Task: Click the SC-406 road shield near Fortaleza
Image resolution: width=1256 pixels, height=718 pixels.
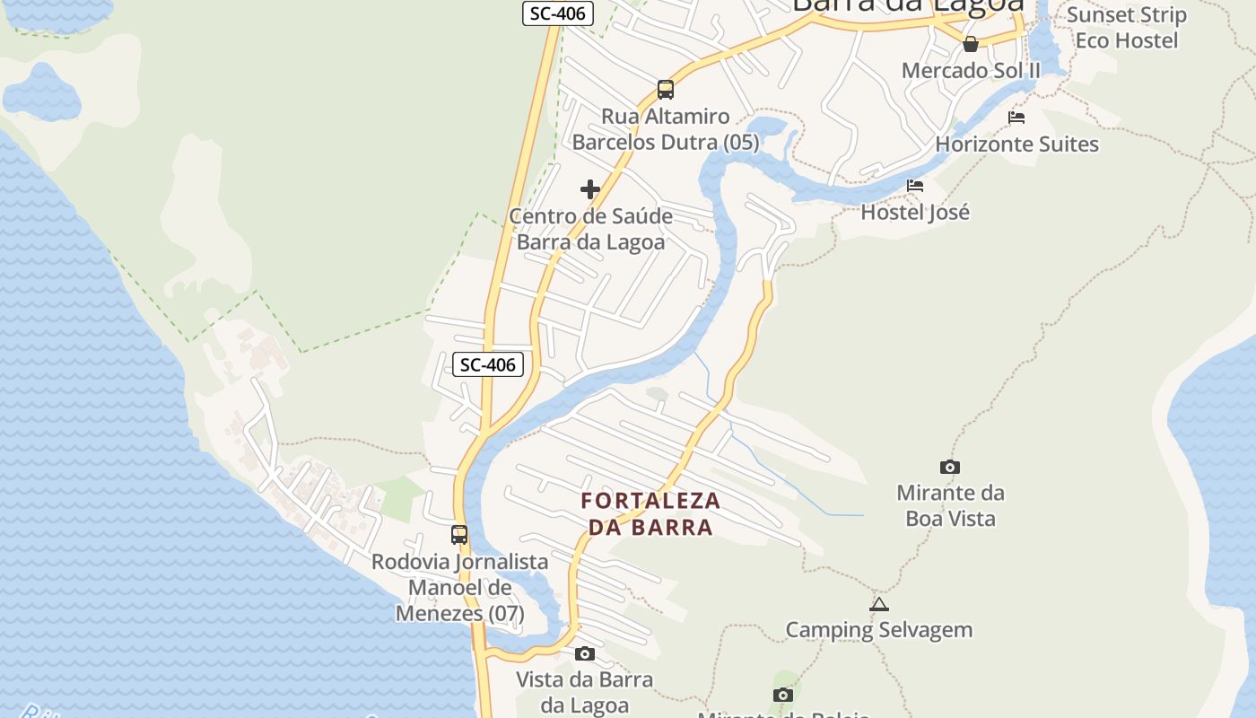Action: click(488, 363)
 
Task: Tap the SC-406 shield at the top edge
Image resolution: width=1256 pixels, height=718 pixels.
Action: click(558, 13)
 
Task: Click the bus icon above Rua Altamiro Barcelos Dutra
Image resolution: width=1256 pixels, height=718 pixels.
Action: click(665, 90)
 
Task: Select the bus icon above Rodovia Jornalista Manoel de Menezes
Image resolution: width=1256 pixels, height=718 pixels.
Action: click(459, 535)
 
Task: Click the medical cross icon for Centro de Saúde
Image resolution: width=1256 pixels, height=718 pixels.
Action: click(590, 189)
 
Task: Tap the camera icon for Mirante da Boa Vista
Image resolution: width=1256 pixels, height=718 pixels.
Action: click(949, 467)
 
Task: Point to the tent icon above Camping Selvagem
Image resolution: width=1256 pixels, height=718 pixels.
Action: click(879, 604)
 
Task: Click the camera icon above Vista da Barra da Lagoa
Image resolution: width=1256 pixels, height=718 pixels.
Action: click(585, 653)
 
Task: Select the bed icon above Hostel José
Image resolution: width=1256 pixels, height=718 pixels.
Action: click(915, 186)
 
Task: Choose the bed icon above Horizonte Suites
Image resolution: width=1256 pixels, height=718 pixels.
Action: click(1016, 118)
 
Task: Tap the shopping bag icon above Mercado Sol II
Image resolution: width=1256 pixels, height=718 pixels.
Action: click(970, 44)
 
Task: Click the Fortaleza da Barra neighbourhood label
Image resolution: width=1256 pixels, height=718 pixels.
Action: click(650, 514)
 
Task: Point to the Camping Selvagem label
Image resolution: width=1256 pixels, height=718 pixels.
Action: click(879, 630)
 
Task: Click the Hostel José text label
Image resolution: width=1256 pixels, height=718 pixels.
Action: click(915, 213)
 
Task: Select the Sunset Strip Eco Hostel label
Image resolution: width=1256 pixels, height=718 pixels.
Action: click(1127, 28)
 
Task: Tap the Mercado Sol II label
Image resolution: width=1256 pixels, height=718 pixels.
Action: click(971, 71)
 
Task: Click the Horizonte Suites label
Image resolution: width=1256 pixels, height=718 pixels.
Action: click(1016, 144)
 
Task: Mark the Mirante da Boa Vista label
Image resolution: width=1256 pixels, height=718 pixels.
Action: click(950, 505)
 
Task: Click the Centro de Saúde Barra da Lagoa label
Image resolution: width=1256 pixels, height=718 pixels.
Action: click(591, 230)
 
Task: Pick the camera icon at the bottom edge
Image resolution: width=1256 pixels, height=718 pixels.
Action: click(783, 695)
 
